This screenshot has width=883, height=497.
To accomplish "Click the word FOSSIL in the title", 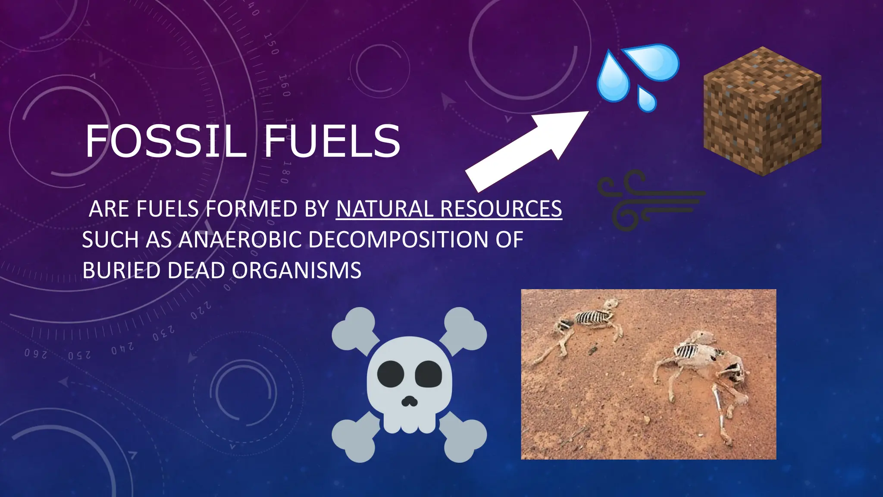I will point(166,141).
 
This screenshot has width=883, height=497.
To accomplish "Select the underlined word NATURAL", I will point(384,209).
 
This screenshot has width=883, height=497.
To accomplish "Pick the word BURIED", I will point(121,271).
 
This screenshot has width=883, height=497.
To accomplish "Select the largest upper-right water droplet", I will point(653,61).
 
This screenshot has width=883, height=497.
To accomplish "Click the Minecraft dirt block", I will point(762,111).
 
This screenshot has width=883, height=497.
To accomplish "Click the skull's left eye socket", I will point(390,374).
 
